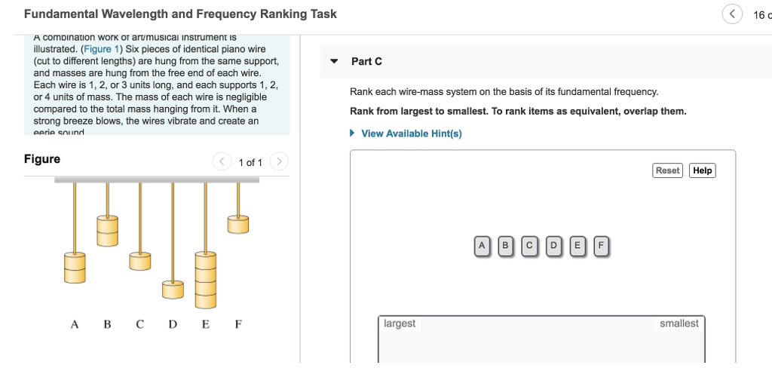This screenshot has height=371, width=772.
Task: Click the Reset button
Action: [x=667, y=170]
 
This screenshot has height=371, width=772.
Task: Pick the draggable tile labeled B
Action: [x=506, y=245]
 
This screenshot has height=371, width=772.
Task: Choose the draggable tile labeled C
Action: [x=530, y=245]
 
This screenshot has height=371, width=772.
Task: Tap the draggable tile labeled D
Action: [x=554, y=245]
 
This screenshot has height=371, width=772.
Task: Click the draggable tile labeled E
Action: [x=577, y=245]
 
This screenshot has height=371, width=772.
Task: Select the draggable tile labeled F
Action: [x=601, y=245]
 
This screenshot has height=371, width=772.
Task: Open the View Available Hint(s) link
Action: [x=411, y=133]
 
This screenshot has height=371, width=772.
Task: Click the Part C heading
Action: [x=366, y=61]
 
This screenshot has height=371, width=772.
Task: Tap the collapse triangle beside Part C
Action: [x=334, y=61]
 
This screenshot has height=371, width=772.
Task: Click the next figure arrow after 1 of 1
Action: [x=279, y=161]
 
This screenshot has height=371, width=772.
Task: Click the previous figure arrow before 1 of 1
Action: [x=222, y=161]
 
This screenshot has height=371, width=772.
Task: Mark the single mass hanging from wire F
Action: [x=238, y=223]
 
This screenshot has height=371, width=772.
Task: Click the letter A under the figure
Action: [x=74, y=325]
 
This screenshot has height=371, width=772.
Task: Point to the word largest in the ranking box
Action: [x=400, y=323]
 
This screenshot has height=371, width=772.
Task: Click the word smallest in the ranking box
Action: [x=679, y=323]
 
